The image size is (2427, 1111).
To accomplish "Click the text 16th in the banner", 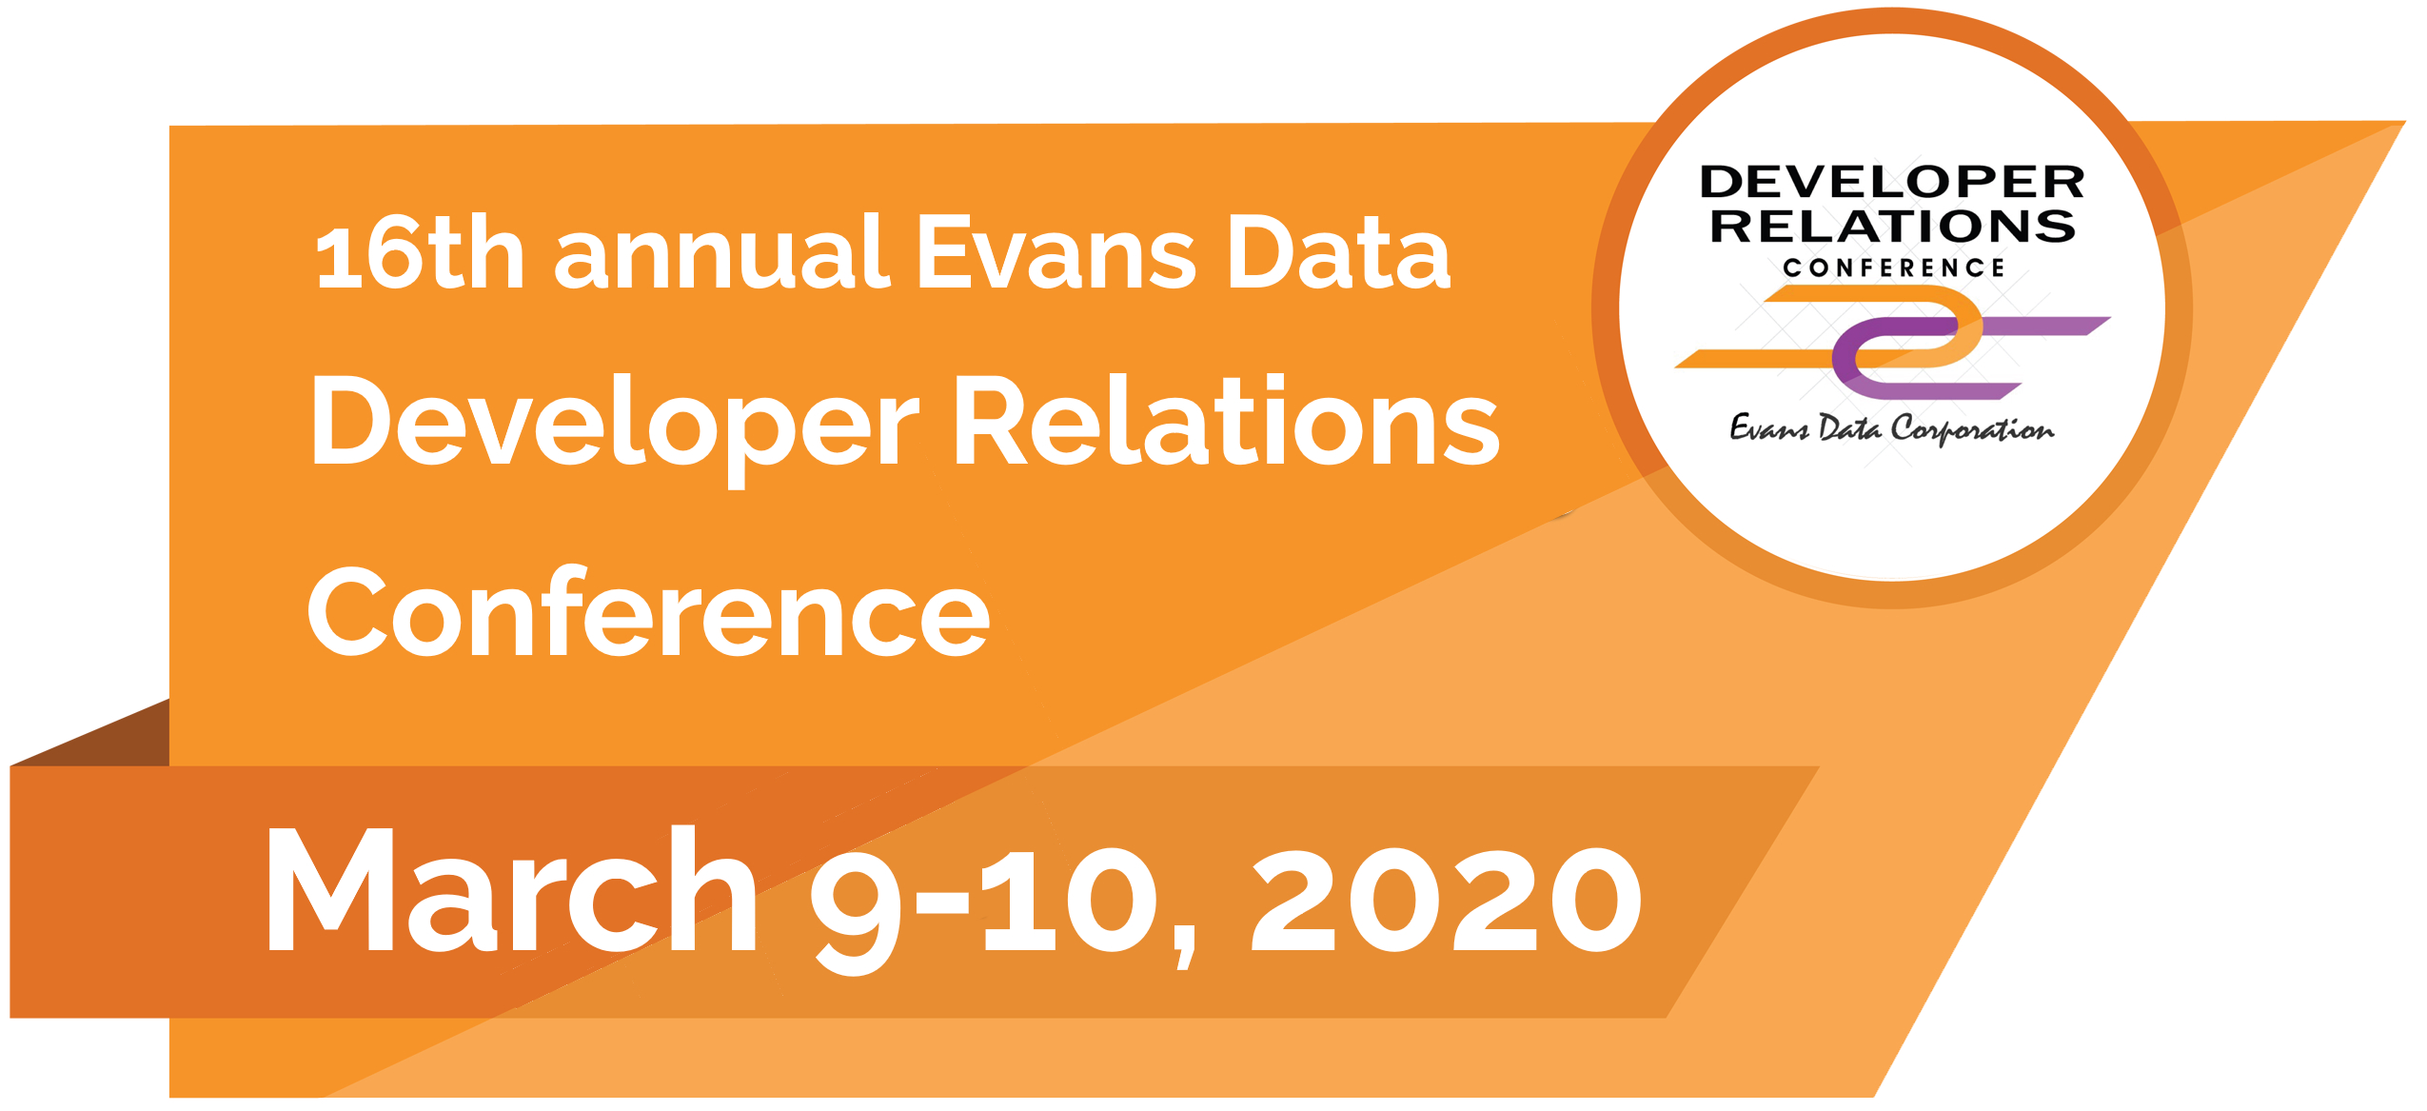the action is (420, 252).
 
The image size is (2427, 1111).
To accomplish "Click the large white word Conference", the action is (648, 611).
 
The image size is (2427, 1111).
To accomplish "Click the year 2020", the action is (1447, 900).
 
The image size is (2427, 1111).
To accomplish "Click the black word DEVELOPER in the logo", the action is (1892, 181).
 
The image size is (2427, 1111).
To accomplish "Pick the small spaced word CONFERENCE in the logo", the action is (1893, 268).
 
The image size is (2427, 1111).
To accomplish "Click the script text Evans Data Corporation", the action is (1891, 428).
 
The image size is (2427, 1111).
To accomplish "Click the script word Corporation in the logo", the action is (1973, 429).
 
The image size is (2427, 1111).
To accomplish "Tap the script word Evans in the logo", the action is (1768, 427).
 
